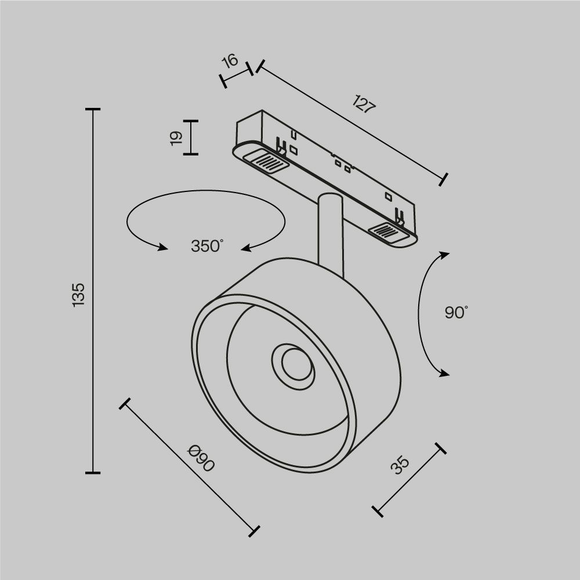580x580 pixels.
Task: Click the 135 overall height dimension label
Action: pos(79,294)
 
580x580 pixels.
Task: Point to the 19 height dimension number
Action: pos(176,137)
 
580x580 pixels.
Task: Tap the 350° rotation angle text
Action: pos(207,246)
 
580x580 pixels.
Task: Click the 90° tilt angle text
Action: pos(456,313)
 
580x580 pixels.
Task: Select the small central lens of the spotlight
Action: pos(293,364)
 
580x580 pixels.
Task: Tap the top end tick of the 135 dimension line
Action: pos(93,109)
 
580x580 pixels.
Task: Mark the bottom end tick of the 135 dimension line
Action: pos(93,473)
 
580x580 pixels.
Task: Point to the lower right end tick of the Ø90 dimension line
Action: pos(253,530)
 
